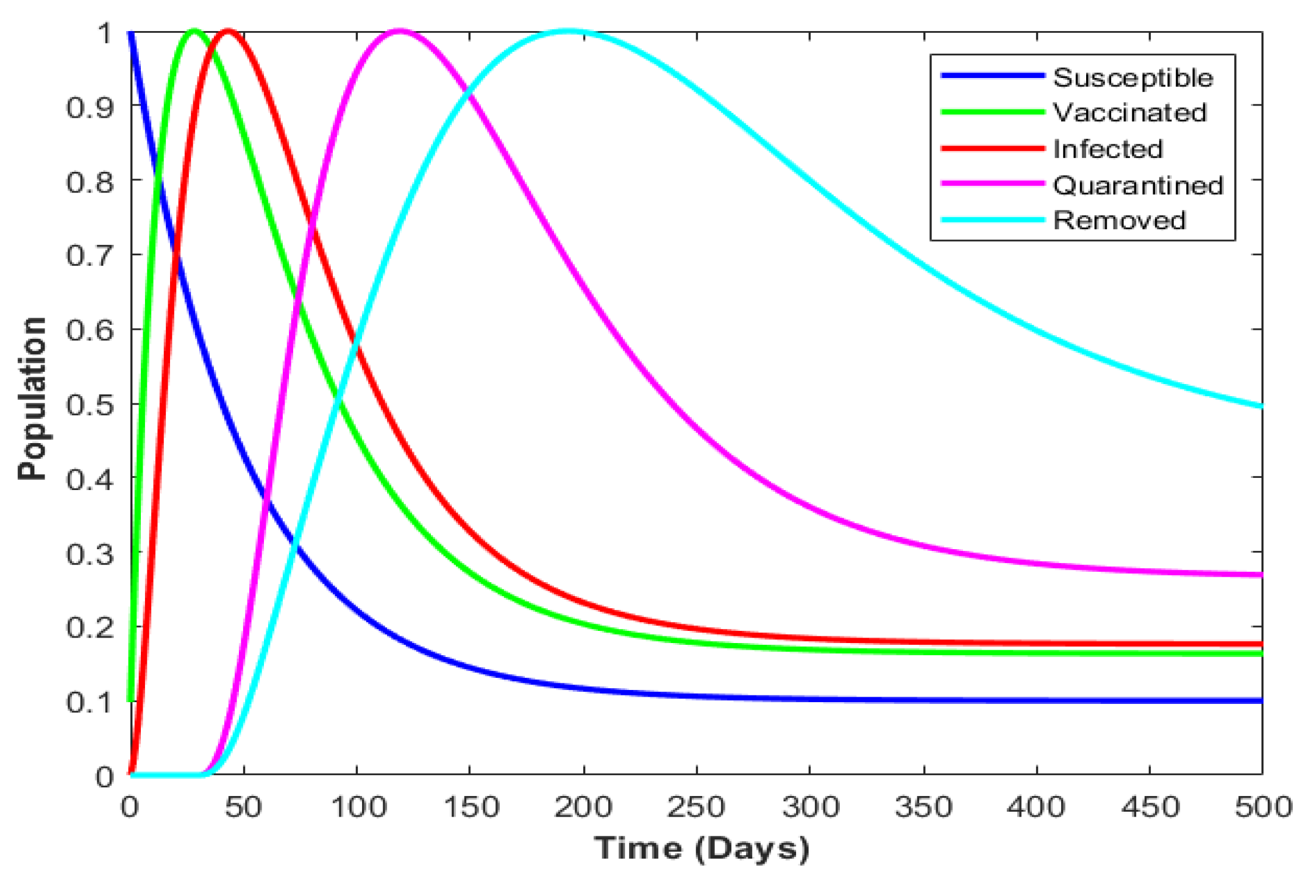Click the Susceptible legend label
[x=1132, y=78]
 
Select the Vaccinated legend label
[x=1129, y=113]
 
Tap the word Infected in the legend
[x=1107, y=149]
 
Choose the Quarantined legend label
[x=1138, y=185]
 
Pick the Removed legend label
[x=1119, y=220]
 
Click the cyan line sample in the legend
[x=992, y=220]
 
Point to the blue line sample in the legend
[x=992, y=76]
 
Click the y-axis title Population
[x=32, y=399]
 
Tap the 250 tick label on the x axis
[x=695, y=808]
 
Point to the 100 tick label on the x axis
[x=358, y=808]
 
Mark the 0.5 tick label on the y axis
[x=90, y=405]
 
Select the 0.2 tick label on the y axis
[x=90, y=627]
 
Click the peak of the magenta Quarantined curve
[x=400, y=31]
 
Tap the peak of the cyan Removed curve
[x=569, y=31]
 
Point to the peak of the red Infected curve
[x=228, y=31]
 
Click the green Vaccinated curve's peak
[x=194, y=31]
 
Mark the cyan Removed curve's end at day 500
[x=1260, y=406]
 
